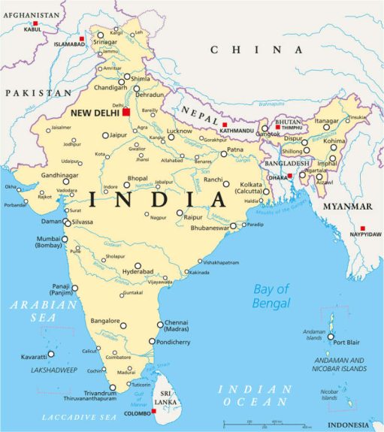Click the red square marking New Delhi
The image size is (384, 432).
point(127,112)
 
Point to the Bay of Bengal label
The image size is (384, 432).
point(271,296)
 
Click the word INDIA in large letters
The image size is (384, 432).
point(158,200)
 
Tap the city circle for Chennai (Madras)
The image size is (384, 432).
point(160,325)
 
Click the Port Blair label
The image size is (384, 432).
point(348,342)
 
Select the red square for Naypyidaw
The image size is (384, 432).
point(362,228)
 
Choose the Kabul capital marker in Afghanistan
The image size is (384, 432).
point(35,24)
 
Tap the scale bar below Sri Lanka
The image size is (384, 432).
point(267,424)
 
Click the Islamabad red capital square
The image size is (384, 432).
point(81,38)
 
